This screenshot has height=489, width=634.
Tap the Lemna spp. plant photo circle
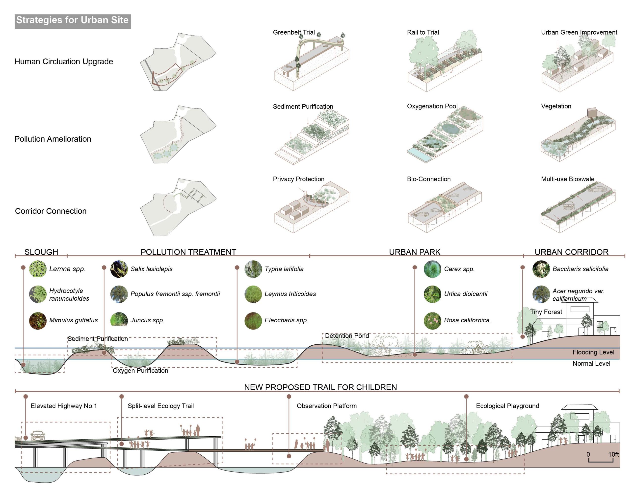coord(38,269)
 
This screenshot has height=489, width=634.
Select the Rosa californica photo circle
coord(432,320)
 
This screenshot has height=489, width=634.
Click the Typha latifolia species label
coord(284,269)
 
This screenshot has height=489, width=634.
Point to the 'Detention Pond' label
coord(347,336)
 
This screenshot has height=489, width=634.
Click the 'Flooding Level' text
coord(593,352)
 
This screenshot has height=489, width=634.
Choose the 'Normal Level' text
coord(591,363)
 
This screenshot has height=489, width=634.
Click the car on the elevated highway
coord(38,435)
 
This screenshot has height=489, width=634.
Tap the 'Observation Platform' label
coord(327,406)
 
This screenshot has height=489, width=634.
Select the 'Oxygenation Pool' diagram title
coord(432,106)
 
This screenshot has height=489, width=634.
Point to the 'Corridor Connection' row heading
coord(51,211)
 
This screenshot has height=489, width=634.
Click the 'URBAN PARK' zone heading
coord(415,252)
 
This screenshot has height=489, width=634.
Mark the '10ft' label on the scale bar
coord(613,454)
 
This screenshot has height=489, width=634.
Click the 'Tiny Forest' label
coord(546,312)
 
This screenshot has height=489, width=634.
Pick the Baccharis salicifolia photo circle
coord(541,269)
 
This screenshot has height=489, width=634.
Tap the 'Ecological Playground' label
coord(507,406)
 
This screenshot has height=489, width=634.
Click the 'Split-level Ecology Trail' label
coord(160,406)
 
